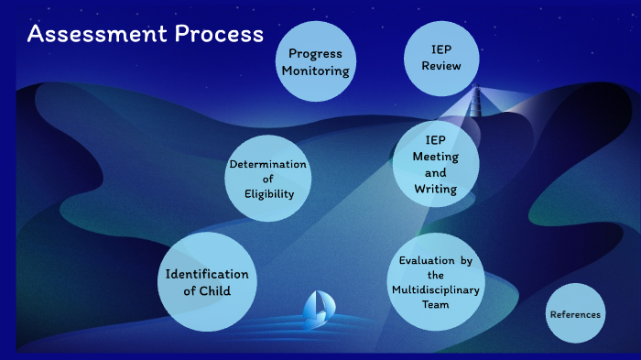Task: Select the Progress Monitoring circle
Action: point(316,61)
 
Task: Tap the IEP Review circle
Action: point(441,58)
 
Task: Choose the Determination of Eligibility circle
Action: point(268,179)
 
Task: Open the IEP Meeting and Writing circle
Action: point(436,164)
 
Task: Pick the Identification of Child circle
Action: point(206,281)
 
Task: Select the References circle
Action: point(575,314)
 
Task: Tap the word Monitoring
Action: point(316,71)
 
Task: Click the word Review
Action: point(441,66)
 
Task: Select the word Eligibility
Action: point(268,193)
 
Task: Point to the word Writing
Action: point(436,189)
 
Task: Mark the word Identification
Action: point(206,274)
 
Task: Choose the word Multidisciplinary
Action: point(436,290)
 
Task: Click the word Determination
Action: point(268,165)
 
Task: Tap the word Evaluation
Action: point(426,261)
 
